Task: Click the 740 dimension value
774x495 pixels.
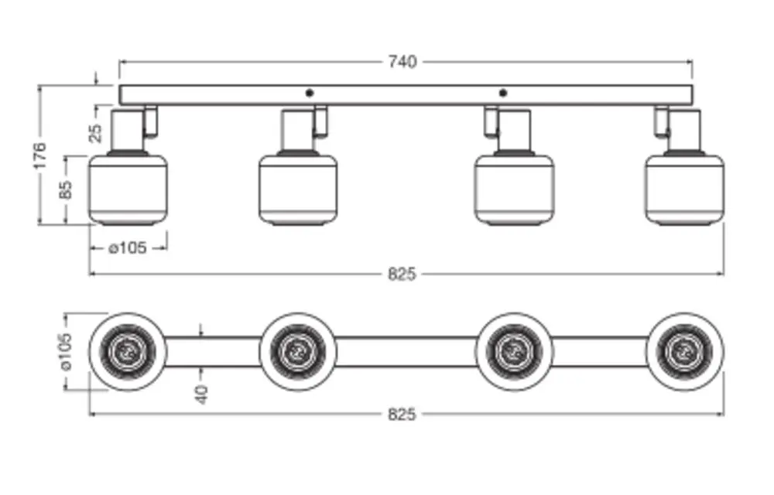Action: click(402, 62)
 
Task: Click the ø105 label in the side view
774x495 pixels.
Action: click(128, 248)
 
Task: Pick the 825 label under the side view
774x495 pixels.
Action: click(402, 274)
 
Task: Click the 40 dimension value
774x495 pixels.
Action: click(201, 394)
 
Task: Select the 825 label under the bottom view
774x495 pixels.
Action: click(402, 415)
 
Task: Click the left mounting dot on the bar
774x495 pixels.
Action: click(310, 93)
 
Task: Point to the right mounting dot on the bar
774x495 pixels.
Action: click(502, 93)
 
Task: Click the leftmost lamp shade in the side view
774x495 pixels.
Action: click(128, 189)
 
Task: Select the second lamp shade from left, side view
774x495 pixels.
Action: click(298, 189)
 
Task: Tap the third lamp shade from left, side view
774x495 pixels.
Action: click(514, 189)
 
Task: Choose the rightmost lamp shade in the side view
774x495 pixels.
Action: click(684, 189)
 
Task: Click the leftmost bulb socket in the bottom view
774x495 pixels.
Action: click(128, 352)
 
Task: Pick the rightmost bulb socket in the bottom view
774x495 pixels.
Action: click(684, 352)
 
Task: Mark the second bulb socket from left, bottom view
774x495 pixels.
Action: click(298, 352)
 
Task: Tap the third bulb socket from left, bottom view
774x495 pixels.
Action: click(514, 352)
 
